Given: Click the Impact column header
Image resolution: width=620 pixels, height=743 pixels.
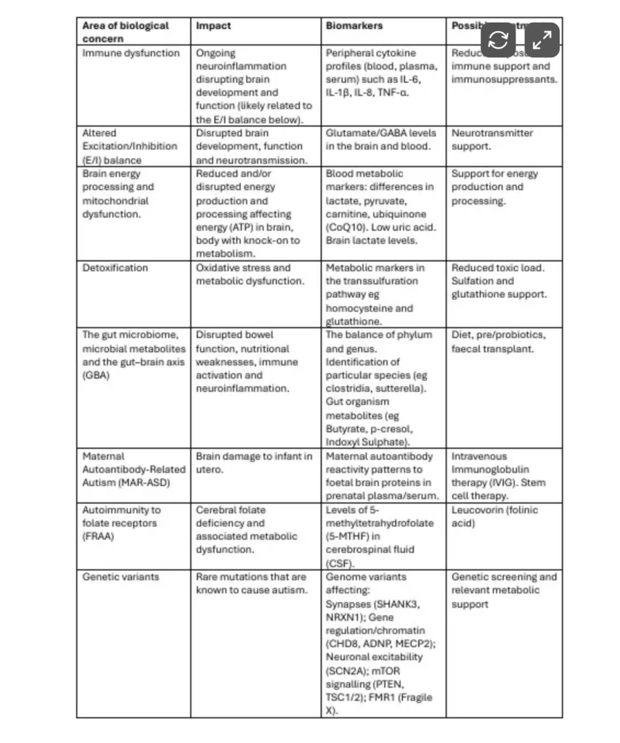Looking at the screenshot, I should pyautogui.click(x=213, y=26).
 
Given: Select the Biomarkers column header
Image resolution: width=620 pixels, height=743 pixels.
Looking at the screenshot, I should pyautogui.click(x=354, y=26).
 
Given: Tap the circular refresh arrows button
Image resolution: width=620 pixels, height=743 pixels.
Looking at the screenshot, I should pyautogui.click(x=498, y=41).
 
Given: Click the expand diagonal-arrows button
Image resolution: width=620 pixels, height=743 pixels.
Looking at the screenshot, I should pyautogui.click(x=542, y=41).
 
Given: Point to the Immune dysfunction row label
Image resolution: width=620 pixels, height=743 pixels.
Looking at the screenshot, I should pyautogui.click(x=131, y=53).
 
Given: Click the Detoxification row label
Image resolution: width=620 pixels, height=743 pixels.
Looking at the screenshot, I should pyautogui.click(x=115, y=268).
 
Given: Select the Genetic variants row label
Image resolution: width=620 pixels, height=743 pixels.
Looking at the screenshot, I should pyautogui.click(x=121, y=577).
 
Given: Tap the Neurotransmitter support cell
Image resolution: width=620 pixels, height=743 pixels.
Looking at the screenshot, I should pyautogui.click(x=492, y=139).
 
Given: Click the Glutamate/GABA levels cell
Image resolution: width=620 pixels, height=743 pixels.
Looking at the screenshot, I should pyautogui.click(x=378, y=139).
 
